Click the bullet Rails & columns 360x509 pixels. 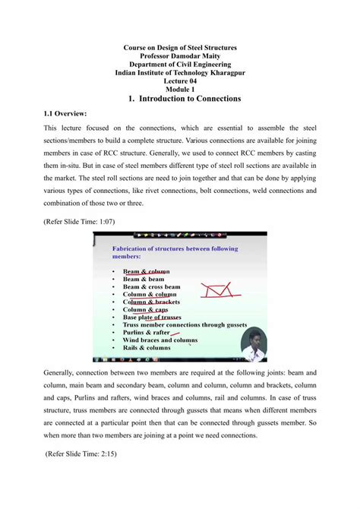click(x=147, y=347)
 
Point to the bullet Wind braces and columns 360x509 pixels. click(x=159, y=340)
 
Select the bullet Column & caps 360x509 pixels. click(x=145, y=309)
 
